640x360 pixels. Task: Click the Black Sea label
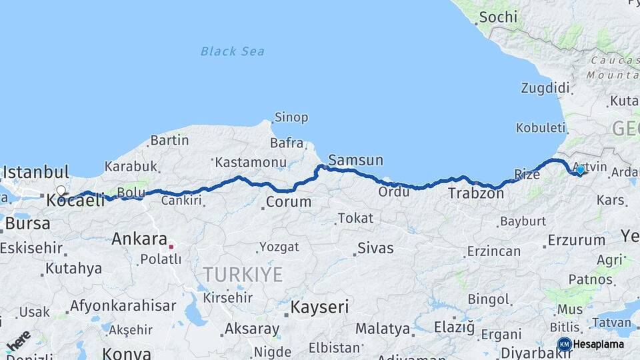pyautogui.click(x=232, y=51)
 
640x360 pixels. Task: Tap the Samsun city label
pyautogui.click(x=356, y=160)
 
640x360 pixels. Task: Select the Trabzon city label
pyautogui.click(x=476, y=193)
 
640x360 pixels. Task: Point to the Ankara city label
pyautogui.click(x=139, y=239)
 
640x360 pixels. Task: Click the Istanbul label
pyautogui.click(x=35, y=172)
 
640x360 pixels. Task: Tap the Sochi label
pyautogui.click(x=498, y=17)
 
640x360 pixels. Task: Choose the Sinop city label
pyautogui.click(x=291, y=117)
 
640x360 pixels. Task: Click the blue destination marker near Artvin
pyautogui.click(x=580, y=170)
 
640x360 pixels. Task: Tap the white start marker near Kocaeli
pyautogui.click(x=61, y=191)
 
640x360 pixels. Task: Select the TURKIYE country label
pyautogui.click(x=243, y=274)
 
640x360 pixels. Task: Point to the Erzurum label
pyautogui.click(x=576, y=240)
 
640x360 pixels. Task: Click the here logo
pyautogui.click(x=18, y=340)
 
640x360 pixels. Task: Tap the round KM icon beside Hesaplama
pyautogui.click(x=564, y=344)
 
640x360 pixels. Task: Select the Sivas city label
pyautogui.click(x=375, y=248)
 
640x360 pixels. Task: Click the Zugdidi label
pyautogui.click(x=545, y=88)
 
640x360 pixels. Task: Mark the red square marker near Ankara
pyautogui.click(x=171, y=246)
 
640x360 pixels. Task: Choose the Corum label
pyautogui.click(x=288, y=201)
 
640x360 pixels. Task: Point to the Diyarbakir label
pyautogui.click(x=533, y=352)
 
